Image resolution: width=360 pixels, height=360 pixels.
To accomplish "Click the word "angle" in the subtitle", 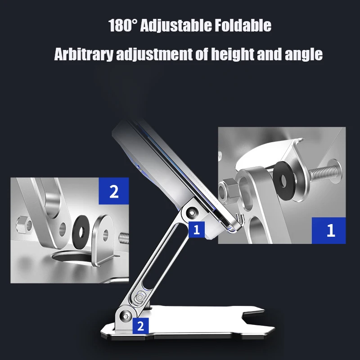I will tap(304, 54).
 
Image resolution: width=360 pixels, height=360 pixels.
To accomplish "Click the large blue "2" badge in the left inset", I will tap(113, 193).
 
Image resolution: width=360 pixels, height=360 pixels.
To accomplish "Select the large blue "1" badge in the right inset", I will tap(331, 230).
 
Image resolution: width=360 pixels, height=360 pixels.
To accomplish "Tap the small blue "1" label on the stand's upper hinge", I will tap(196, 230).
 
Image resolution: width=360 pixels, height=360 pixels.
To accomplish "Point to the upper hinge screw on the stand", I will tap(193, 211).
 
